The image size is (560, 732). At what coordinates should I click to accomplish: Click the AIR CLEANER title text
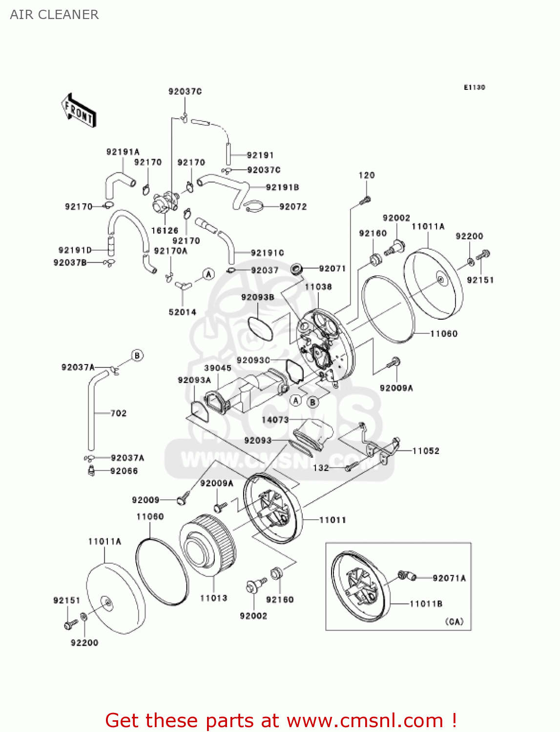click(x=54, y=15)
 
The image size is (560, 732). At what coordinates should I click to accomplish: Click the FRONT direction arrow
click(x=79, y=111)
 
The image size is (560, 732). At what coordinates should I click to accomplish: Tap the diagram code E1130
click(x=474, y=87)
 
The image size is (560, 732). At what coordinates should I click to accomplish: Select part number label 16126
click(x=165, y=230)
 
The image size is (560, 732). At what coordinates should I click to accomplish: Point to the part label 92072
click(x=293, y=207)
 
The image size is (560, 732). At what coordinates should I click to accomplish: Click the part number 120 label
click(x=367, y=175)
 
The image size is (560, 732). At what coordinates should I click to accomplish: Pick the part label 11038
click(x=318, y=287)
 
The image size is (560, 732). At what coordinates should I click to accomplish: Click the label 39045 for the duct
click(x=218, y=368)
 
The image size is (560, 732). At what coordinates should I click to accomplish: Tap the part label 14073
click(x=275, y=420)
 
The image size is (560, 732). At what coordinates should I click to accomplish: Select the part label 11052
click(x=426, y=451)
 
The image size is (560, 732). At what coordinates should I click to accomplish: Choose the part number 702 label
click(x=119, y=413)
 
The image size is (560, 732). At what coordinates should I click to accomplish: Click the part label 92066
click(x=124, y=471)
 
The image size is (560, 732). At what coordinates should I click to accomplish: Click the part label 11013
click(x=214, y=598)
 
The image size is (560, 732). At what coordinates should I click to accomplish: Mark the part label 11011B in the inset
click(x=426, y=604)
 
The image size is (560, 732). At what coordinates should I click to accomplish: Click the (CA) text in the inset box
click(x=454, y=622)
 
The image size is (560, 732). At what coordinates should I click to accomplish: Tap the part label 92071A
click(x=449, y=578)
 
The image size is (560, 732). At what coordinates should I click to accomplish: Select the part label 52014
click(x=183, y=312)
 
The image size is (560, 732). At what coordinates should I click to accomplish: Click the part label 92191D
click(x=75, y=250)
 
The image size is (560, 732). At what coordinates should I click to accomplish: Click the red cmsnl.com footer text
click(x=281, y=720)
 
